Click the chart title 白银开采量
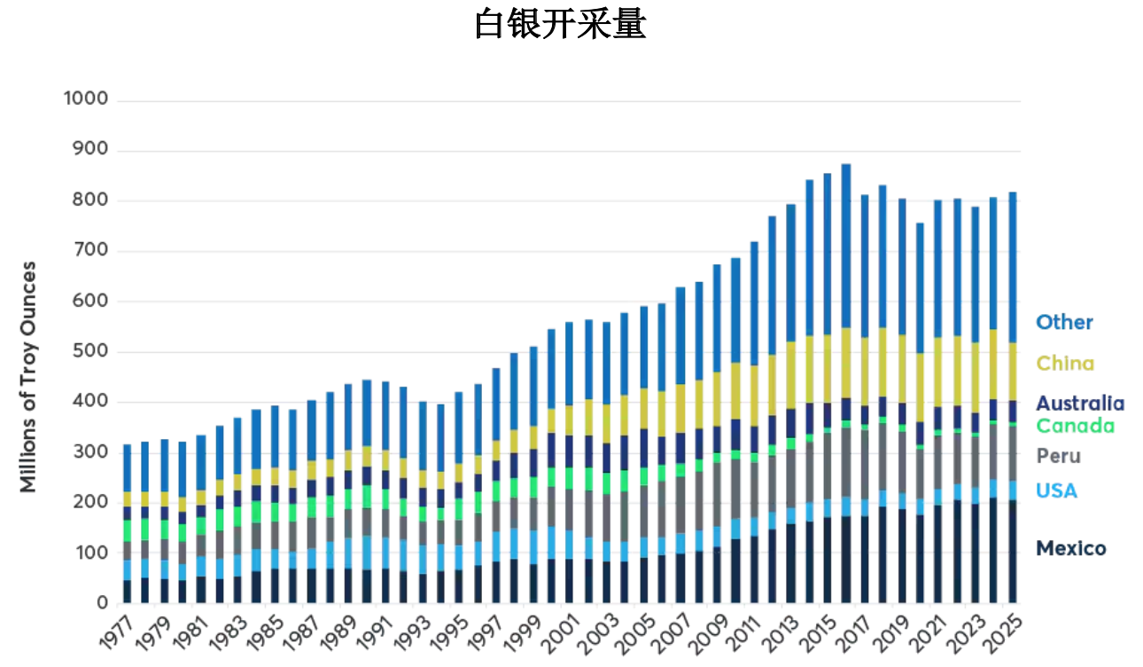coord(560,24)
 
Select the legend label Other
coord(1064,322)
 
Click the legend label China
coord(1065,363)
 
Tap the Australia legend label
coord(1080,404)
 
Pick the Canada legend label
coord(1075,426)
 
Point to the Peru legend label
coord(1058,456)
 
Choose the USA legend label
coord(1055,490)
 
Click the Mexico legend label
coord(1070,548)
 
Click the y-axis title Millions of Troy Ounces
coord(28,376)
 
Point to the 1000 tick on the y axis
coord(86,99)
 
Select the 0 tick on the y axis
coord(102,604)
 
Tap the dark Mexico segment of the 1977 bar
coord(127,592)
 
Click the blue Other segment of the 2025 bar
coord(1012,267)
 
